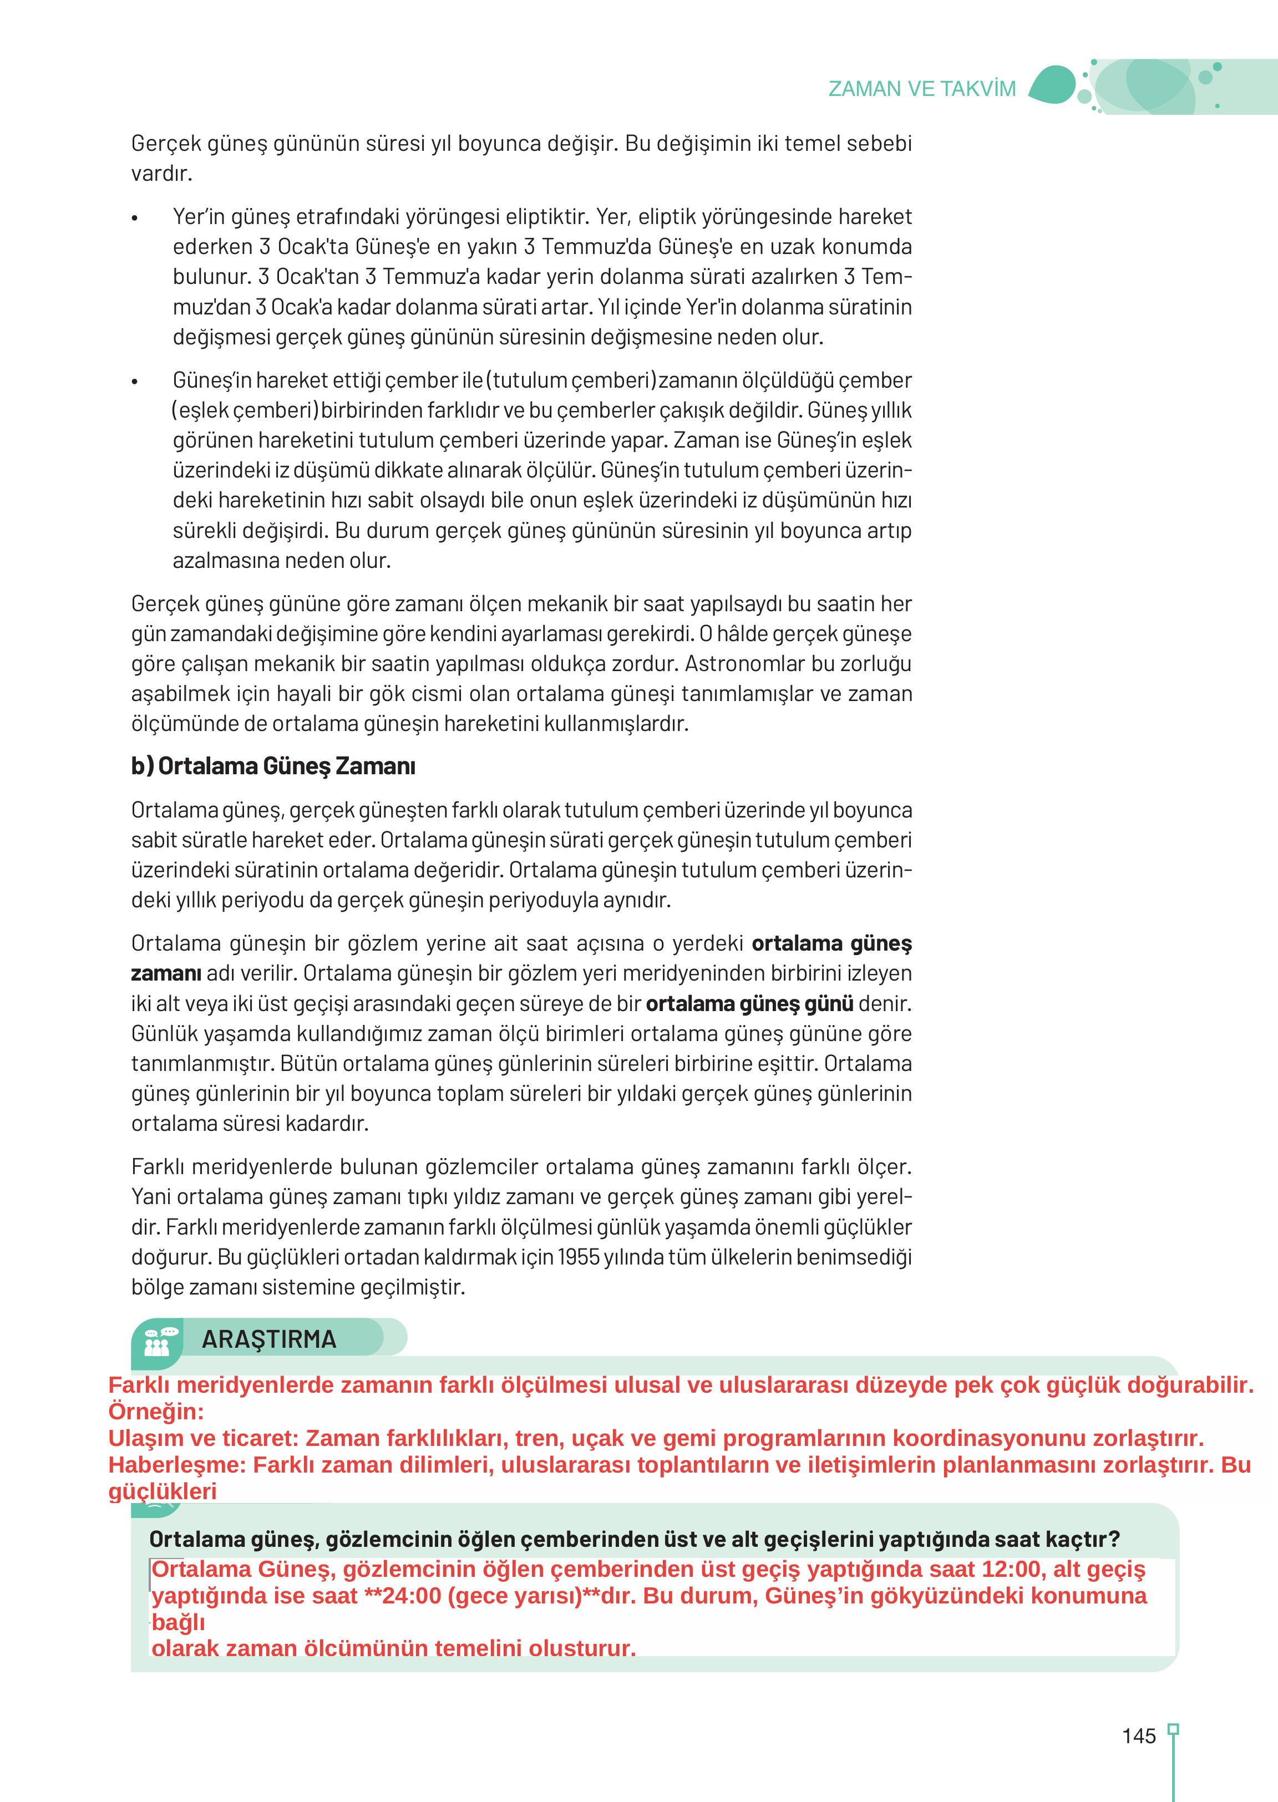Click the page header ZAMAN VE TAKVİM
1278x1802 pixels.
pyautogui.click(x=921, y=89)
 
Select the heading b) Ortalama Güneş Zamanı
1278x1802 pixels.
pyautogui.click(x=273, y=765)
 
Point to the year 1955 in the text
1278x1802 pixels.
pyautogui.click(x=579, y=1257)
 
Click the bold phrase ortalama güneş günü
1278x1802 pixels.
pyautogui.click(x=749, y=1003)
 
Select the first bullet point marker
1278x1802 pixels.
pyautogui.click(x=135, y=218)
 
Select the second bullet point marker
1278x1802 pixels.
pyautogui.click(x=135, y=382)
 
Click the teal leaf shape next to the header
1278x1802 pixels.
pyautogui.click(x=1052, y=85)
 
